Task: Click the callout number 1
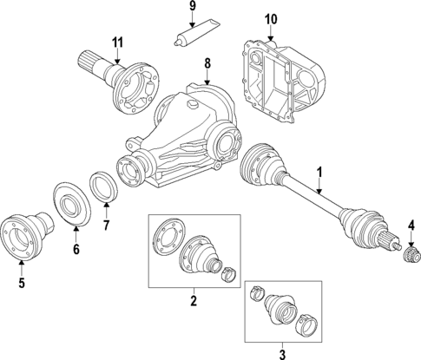[319, 172]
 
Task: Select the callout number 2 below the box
[194, 301]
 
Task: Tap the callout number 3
[280, 353]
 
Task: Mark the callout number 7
[107, 228]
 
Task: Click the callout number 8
[207, 62]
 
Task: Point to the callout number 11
[117, 41]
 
